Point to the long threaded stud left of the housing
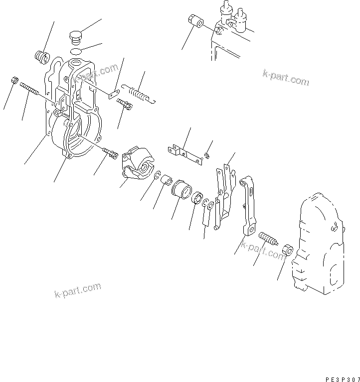tap(29, 91)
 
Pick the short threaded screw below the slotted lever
tap(268, 238)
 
